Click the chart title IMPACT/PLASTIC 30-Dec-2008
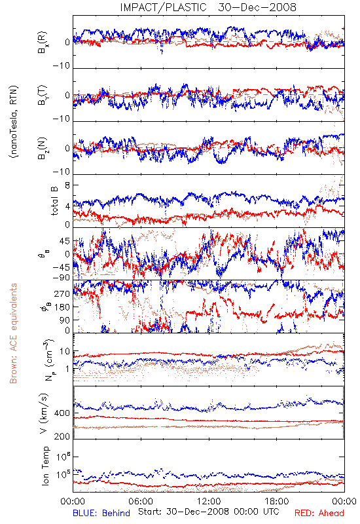point(208,7)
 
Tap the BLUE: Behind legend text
point(101,513)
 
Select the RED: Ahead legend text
point(319,513)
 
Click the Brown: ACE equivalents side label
point(13,333)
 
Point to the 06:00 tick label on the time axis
point(141,501)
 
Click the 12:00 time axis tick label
point(209,501)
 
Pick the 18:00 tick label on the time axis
point(277,501)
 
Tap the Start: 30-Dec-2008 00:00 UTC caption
point(209,512)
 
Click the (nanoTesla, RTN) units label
point(14,122)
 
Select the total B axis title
point(54,201)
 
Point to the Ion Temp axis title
point(45,466)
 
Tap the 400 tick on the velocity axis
point(62,413)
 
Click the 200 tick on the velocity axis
point(62,436)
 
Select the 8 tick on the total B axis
point(67,185)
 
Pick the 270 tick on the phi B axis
point(62,293)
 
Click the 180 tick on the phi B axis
point(62,307)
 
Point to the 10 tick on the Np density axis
point(65,352)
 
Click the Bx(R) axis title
point(43,42)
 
